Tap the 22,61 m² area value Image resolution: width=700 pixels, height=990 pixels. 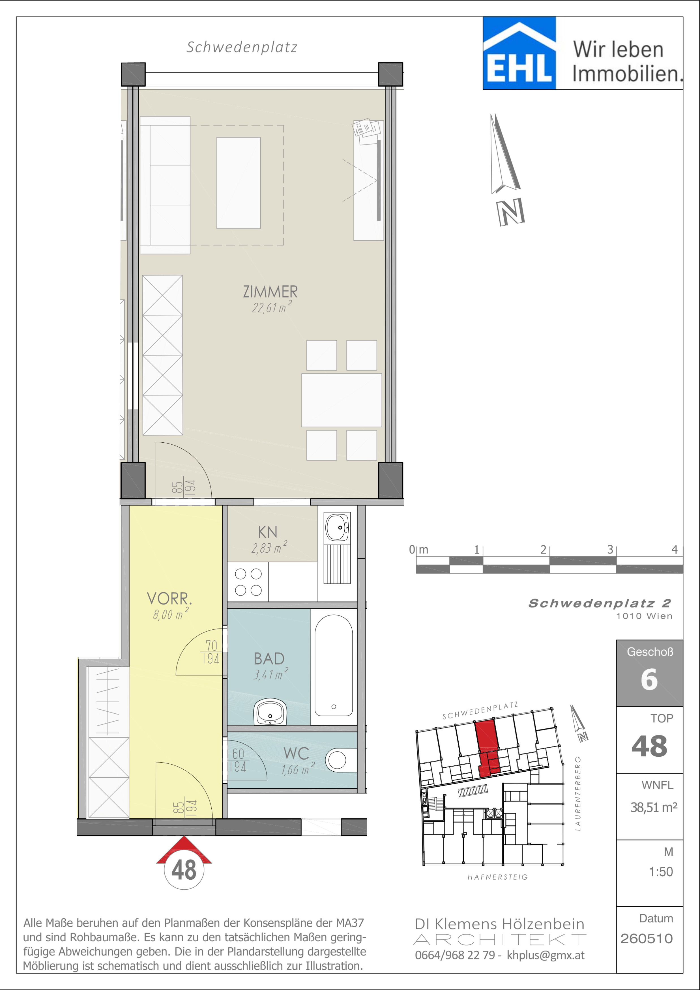(x=272, y=307)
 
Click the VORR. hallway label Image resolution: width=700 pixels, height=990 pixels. (x=169, y=599)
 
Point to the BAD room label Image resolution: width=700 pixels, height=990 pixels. (x=269, y=658)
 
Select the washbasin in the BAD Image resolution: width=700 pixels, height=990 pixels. (x=270, y=712)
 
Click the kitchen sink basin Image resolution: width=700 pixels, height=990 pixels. (x=337, y=527)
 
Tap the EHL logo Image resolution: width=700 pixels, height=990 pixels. (x=519, y=53)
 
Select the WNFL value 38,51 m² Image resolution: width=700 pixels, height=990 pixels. (x=654, y=807)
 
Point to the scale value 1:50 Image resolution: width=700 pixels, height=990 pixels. (x=661, y=872)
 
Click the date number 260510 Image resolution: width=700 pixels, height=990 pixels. (x=647, y=939)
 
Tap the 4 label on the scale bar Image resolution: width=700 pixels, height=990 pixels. (x=675, y=549)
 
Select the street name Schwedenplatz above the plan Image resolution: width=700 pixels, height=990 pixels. (x=242, y=48)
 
